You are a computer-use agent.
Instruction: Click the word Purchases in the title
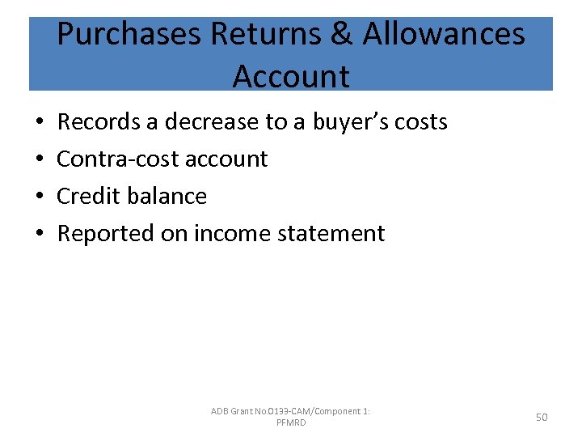(x=129, y=35)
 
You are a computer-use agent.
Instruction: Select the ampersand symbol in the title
(x=341, y=35)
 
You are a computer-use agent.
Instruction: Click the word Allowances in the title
(x=444, y=35)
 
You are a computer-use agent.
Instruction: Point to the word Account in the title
(x=291, y=77)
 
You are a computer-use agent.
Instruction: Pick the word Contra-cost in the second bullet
(x=116, y=159)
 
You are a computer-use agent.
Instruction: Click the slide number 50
(x=542, y=417)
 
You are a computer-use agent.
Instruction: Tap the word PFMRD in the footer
(x=291, y=423)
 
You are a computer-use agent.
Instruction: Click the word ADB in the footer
(x=220, y=411)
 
